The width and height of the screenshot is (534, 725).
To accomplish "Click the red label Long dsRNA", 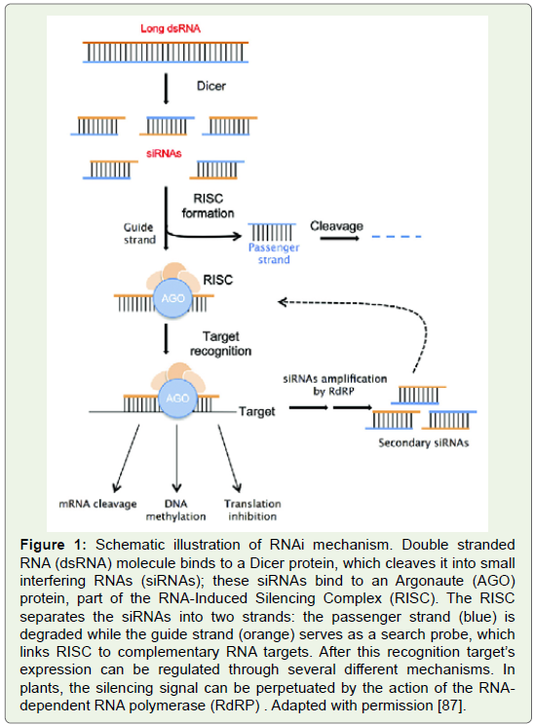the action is click(x=171, y=28).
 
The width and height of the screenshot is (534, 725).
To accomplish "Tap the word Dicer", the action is click(x=211, y=86).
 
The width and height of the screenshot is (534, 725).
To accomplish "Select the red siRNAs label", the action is click(x=164, y=154).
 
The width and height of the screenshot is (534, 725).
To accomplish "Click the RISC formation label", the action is click(x=209, y=206).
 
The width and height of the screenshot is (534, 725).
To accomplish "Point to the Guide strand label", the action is click(x=139, y=234).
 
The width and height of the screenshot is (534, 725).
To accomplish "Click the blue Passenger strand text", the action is click(x=274, y=253).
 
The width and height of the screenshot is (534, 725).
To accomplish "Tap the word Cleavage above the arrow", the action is click(x=336, y=226).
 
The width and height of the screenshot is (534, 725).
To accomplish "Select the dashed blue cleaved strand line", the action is click(x=397, y=237).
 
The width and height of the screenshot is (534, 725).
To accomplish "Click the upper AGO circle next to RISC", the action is click(x=172, y=298).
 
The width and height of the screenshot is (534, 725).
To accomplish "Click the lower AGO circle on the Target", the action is click(x=177, y=399).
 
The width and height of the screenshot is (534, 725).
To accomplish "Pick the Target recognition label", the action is click(x=220, y=344).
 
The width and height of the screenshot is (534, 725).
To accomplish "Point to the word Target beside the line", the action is click(x=256, y=411).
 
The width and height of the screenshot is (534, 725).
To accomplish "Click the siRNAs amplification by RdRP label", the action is click(x=335, y=385).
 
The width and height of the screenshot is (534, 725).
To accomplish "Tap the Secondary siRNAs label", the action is click(x=424, y=443).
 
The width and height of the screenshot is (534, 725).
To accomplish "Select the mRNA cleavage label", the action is click(x=98, y=504).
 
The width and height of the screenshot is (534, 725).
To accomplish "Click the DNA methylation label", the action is click(x=175, y=510).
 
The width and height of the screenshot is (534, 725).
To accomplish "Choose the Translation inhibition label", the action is click(x=252, y=510).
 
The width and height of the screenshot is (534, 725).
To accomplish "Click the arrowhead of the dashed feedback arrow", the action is click(x=282, y=302).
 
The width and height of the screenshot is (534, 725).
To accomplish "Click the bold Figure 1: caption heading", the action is click(x=54, y=545).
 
